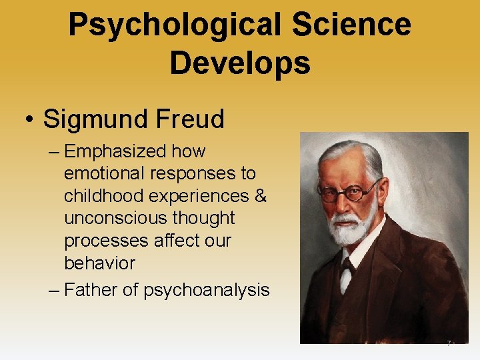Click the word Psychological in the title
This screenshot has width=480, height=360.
tap(175, 25)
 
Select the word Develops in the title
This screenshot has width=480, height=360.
tap(239, 63)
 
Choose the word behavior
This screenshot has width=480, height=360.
tap(99, 263)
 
